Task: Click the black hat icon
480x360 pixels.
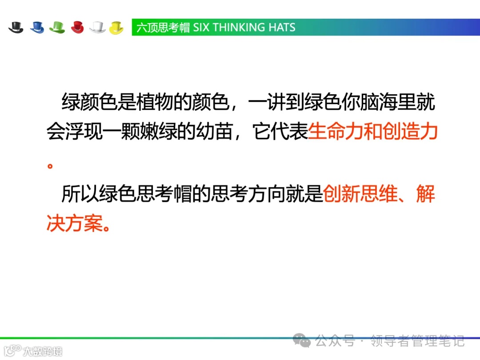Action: coord(16,27)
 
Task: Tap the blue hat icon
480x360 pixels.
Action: coord(37,27)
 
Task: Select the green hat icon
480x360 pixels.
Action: coord(57,27)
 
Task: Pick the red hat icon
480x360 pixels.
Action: coord(77,27)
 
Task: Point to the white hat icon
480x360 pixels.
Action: coord(97,27)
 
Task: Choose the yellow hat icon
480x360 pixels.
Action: coord(116,27)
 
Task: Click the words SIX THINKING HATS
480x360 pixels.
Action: coord(244,28)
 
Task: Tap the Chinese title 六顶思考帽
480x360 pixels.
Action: coord(163,28)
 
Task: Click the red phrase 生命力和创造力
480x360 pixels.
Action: coord(373,132)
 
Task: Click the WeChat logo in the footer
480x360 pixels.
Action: coord(304,341)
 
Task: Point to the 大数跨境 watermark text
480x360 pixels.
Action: coord(43,351)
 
